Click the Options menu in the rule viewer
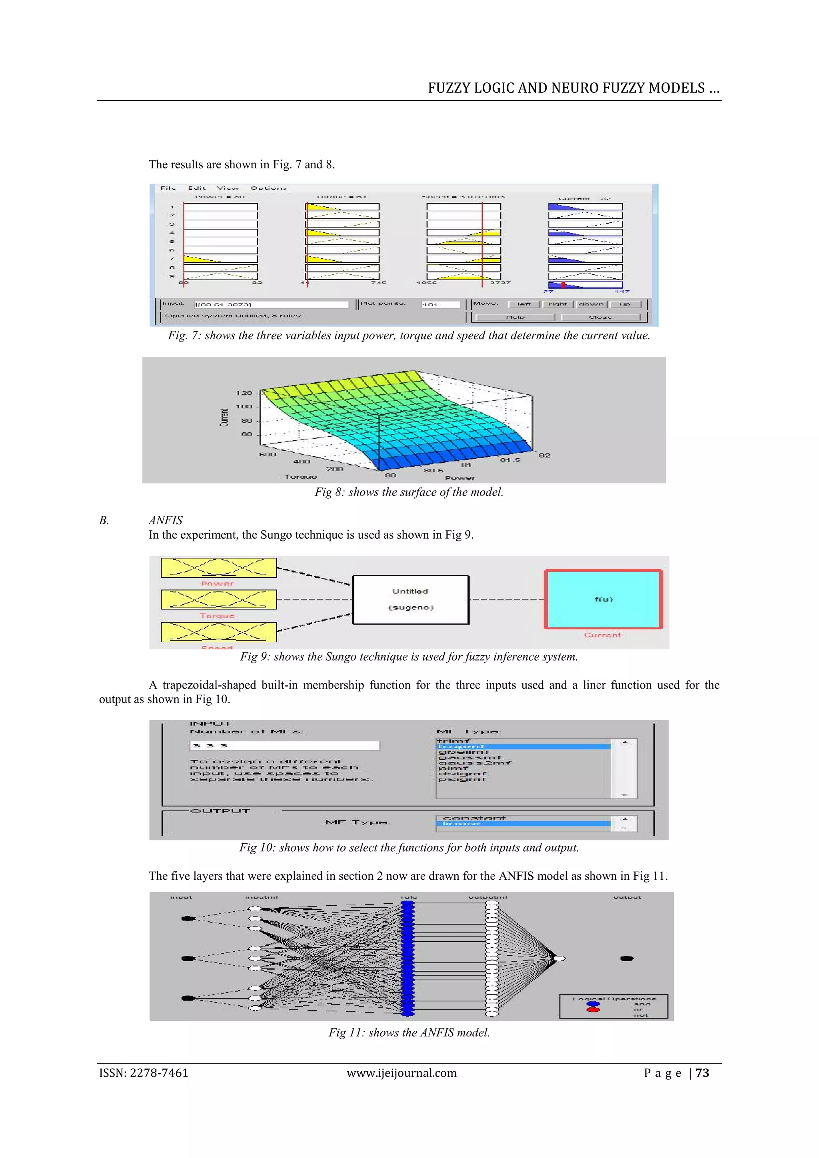[x=268, y=188]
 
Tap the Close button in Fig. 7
[x=600, y=317]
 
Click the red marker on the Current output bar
[x=563, y=285]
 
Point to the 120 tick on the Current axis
[x=244, y=393]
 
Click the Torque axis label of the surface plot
[x=301, y=477]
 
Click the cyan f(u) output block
[x=603, y=599]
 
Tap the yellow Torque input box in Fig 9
[x=218, y=600]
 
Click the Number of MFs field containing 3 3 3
[x=284, y=745]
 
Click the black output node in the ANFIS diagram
[x=626, y=958]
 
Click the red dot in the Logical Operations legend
[x=593, y=1010]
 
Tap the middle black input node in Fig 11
[x=188, y=958]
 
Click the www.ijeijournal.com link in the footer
[x=402, y=1073]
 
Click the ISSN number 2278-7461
[x=159, y=1073]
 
